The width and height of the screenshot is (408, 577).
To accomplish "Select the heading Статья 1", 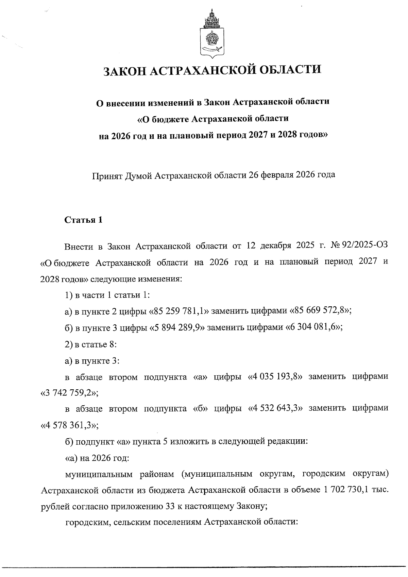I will tap(83, 220).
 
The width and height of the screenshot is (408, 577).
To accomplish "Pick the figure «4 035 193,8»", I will tap(274, 377).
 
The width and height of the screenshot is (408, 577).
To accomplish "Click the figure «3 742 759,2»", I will tap(69, 394).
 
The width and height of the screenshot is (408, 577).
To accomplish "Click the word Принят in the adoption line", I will tap(106, 175).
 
